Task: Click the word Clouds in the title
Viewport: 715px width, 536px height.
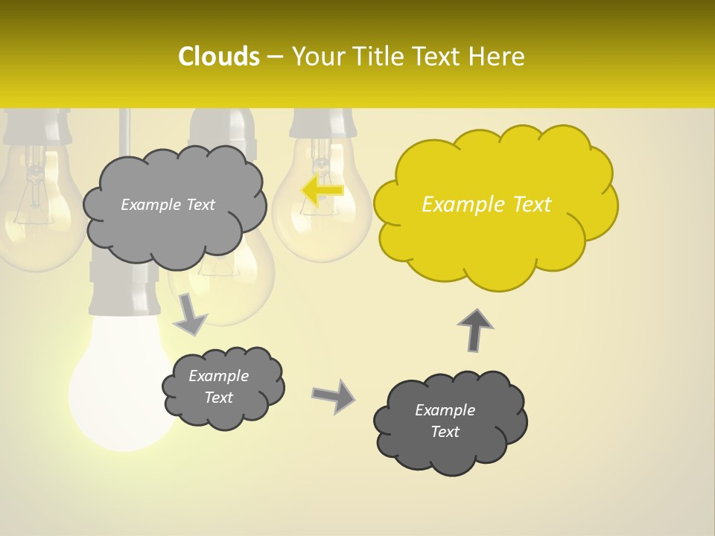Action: coord(218,57)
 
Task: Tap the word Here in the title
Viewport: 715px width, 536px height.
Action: coord(498,57)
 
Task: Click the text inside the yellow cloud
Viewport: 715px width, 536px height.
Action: coord(486,205)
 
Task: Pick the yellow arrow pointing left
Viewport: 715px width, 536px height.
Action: coord(322,191)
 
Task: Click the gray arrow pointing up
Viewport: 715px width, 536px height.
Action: coord(475,330)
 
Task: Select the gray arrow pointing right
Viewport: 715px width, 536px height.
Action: coord(334,396)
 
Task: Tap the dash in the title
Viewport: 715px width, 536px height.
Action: coord(275,57)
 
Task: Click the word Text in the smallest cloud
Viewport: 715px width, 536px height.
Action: coord(218,398)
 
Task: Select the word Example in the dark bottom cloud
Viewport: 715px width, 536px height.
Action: coord(445,410)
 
